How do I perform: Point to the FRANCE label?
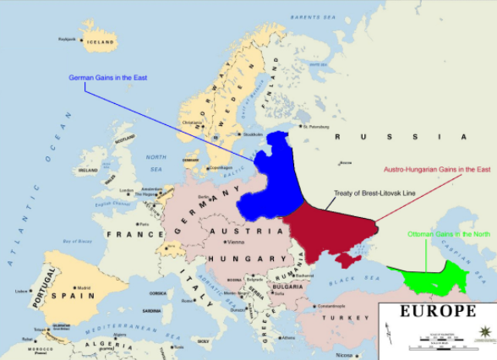point(124,234)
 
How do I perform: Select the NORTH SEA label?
point(156,160)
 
